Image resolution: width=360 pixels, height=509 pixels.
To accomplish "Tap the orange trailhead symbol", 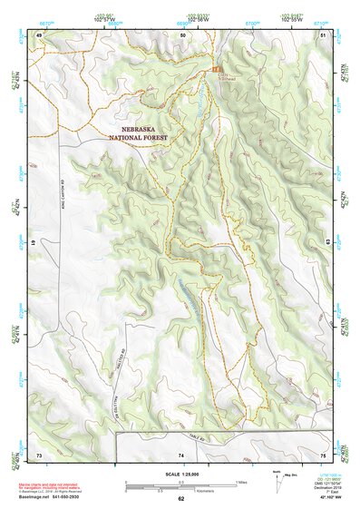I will tap(215, 69).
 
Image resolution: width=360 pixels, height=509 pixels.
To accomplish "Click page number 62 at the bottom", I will tap(180, 498).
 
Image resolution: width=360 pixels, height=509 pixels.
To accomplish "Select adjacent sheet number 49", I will tap(40, 34).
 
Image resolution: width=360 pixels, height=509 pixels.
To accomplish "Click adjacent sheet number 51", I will tap(323, 34).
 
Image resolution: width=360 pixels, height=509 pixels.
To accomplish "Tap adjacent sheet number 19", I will tap(33, 244).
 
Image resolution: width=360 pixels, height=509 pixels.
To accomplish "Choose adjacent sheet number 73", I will tap(39, 454).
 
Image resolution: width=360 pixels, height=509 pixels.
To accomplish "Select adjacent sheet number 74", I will tap(180, 454).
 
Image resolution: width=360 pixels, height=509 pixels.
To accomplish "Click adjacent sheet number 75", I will tap(323, 454).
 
